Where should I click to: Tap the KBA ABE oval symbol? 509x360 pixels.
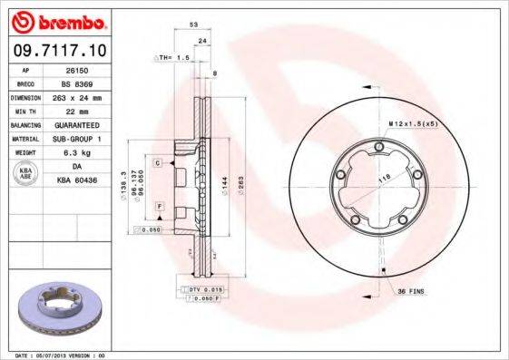(26, 172)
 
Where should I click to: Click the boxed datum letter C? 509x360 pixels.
(157, 162)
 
